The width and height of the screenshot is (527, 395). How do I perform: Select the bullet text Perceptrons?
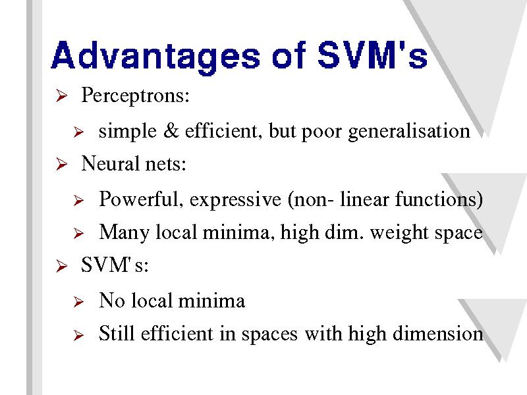[x=136, y=95]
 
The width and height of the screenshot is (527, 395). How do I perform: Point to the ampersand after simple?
[x=171, y=130]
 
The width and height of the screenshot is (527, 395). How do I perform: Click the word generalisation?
[x=409, y=132]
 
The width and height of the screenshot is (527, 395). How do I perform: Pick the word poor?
[x=321, y=132]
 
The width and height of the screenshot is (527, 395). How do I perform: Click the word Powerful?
[x=141, y=199]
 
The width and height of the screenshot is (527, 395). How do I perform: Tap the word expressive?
[x=235, y=201]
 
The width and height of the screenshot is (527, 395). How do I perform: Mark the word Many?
[x=124, y=232]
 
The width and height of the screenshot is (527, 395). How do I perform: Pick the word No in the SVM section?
[x=112, y=300]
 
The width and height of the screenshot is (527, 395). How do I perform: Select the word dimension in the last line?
[x=438, y=333]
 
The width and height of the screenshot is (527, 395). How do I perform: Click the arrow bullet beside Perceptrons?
[x=61, y=95]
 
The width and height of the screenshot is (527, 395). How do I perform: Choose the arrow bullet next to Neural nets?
[x=61, y=164]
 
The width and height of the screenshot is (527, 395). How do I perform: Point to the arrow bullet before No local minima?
[x=78, y=302]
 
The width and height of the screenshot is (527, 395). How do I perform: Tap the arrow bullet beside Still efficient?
[x=78, y=335]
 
